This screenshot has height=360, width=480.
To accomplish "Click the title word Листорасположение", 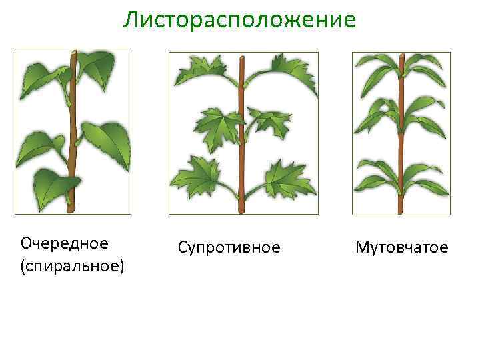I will coord(239,20).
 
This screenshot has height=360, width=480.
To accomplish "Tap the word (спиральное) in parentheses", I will coord(72,267).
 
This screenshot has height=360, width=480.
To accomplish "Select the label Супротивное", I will coord(229,248).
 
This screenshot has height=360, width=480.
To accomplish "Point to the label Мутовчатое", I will coord(401,248).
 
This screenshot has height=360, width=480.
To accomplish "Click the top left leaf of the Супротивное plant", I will coord(200,70).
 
